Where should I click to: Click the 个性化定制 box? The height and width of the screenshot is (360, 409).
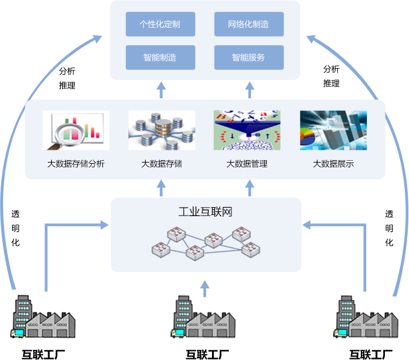coord(160,25)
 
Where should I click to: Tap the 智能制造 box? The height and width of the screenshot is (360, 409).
coord(160,58)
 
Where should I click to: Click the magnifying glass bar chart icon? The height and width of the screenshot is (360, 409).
coord(76,130)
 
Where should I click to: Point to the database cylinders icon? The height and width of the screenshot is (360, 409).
coord(161,130)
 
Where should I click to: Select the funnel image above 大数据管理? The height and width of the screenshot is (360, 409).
coord(247,130)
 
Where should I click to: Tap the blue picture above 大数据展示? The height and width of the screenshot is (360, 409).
coord(333,130)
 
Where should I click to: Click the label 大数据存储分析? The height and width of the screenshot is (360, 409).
coord(76,164)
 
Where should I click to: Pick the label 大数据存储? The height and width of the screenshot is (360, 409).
coord(161,164)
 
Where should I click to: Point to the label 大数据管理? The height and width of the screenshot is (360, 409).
coord(247,164)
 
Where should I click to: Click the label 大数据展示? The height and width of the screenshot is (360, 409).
coord(333,164)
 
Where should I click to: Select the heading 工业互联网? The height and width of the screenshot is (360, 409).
coord(205,213)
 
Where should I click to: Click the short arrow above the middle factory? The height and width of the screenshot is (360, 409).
coord(205,288)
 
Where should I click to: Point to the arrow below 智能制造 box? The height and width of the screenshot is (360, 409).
coord(161,90)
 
